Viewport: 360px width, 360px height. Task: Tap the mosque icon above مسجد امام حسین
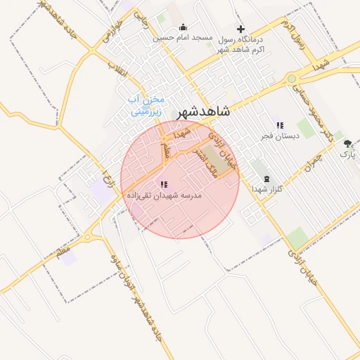[x=184, y=28]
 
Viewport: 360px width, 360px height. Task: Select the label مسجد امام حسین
[x=184, y=38]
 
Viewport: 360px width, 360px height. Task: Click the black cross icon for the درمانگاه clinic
[x=241, y=29]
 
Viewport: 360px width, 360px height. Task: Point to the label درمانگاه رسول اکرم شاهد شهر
[x=241, y=44]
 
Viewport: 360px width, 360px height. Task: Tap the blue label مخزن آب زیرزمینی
[x=146, y=105]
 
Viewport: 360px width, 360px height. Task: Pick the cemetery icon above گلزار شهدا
[x=266, y=179]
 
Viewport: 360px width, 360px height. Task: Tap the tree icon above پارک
[x=347, y=143]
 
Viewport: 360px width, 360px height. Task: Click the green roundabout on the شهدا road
[x=291, y=79]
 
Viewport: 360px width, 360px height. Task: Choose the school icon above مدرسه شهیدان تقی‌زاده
[x=164, y=184]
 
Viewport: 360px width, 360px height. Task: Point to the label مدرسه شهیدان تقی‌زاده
[x=164, y=195]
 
